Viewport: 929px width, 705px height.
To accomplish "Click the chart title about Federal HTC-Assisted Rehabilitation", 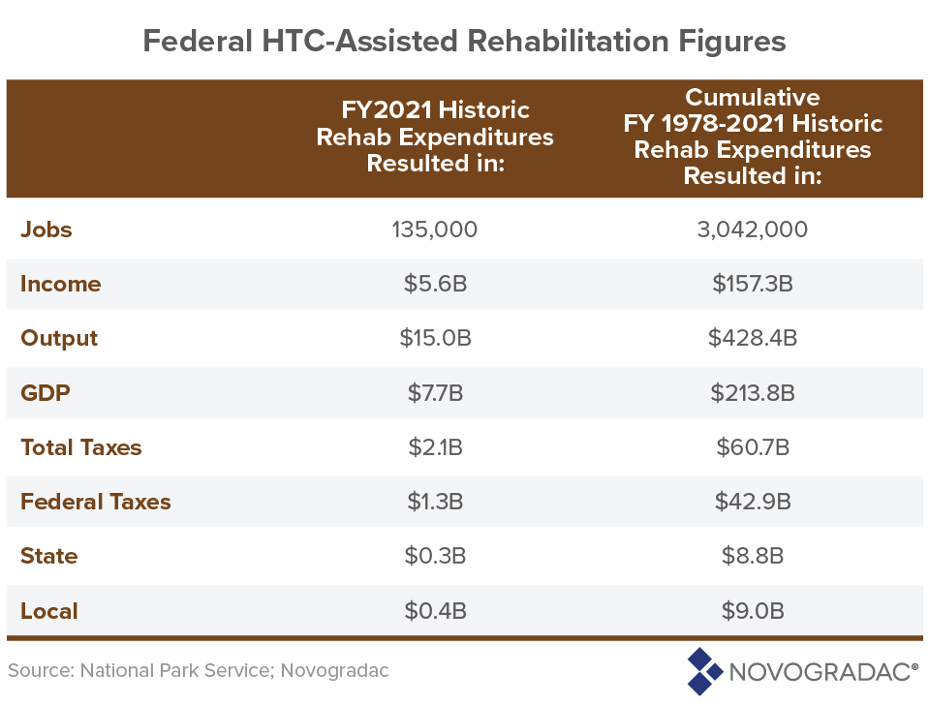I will pyautogui.click(x=464, y=41).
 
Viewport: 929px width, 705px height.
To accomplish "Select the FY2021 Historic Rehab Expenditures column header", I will pyautogui.click(x=435, y=137).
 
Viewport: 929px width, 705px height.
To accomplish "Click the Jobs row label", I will pyautogui.click(x=46, y=230).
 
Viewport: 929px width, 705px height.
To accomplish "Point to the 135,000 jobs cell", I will pyautogui.click(x=435, y=230).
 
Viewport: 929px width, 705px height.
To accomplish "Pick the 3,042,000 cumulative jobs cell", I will pyautogui.click(x=753, y=230).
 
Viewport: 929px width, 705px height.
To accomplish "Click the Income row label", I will pyautogui.click(x=60, y=284).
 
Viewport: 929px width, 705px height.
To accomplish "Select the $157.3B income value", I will pyautogui.click(x=753, y=284).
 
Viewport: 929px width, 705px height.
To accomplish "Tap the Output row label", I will pyautogui.click(x=59, y=338).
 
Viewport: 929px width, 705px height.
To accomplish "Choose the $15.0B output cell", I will pyautogui.click(x=435, y=338).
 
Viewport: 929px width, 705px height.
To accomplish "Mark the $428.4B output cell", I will pyautogui.click(x=753, y=338).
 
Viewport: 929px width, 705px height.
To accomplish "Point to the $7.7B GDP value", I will pyautogui.click(x=435, y=393).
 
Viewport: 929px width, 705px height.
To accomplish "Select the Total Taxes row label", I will pyautogui.click(x=81, y=447).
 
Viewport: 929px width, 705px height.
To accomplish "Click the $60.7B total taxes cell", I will pyautogui.click(x=753, y=447).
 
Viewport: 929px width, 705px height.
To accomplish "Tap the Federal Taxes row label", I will pyautogui.click(x=96, y=502).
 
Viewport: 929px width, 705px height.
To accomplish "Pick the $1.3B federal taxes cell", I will pyautogui.click(x=435, y=502).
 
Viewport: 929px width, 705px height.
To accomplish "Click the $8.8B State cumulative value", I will pyautogui.click(x=753, y=556).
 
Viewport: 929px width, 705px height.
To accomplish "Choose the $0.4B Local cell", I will pyautogui.click(x=435, y=611).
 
